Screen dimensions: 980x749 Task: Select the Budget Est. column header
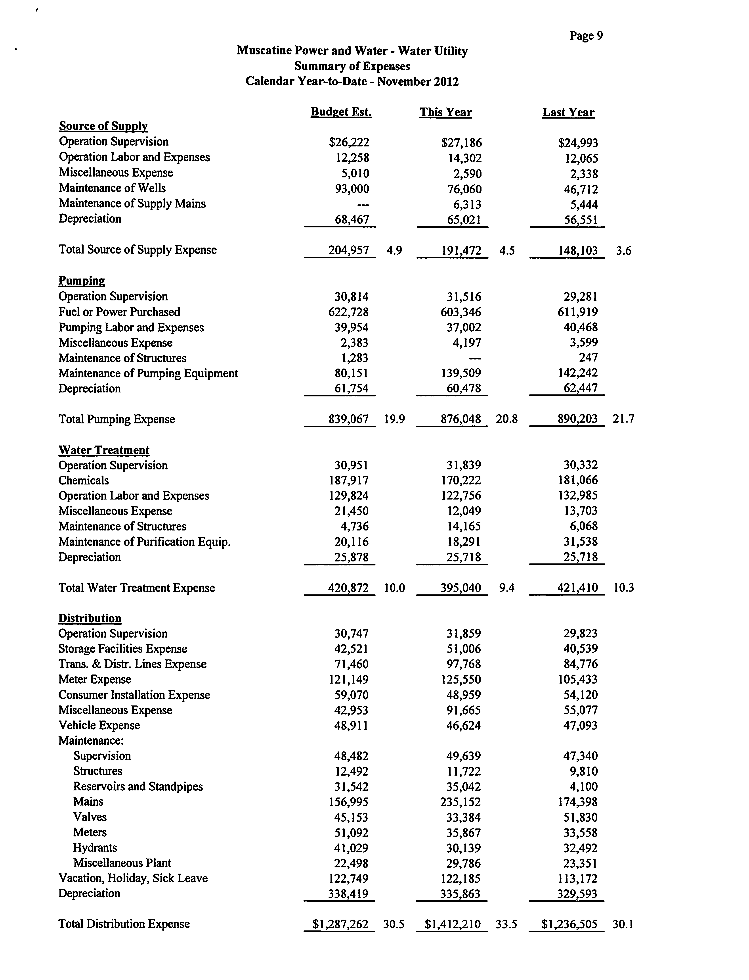tap(341, 112)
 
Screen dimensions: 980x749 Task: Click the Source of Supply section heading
tap(103, 126)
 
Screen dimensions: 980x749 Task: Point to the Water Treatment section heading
tap(104, 450)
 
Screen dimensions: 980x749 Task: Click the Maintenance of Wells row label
tap(112, 188)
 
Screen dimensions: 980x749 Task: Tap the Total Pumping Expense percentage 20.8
tap(506, 419)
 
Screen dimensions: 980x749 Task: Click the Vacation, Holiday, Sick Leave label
tap(133, 878)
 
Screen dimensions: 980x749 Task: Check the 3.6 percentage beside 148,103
tap(623, 251)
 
